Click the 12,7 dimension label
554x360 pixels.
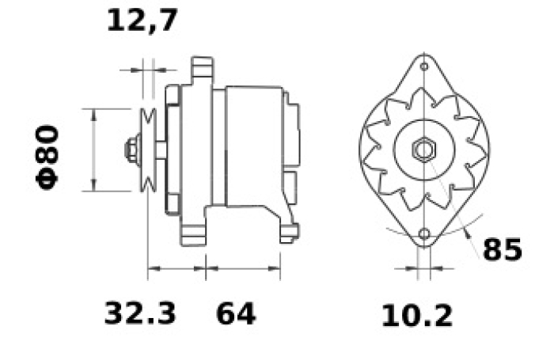(142, 21)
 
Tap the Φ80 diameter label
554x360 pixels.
(47, 157)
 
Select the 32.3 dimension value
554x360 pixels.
(140, 313)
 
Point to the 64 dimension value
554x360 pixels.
(236, 314)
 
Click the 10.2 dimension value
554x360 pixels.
(417, 316)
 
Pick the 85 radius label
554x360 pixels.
(502, 249)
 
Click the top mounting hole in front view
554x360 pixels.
(424, 66)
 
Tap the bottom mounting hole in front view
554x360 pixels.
(424, 234)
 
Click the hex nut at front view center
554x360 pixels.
(424, 150)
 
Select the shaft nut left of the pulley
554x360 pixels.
(131, 150)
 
